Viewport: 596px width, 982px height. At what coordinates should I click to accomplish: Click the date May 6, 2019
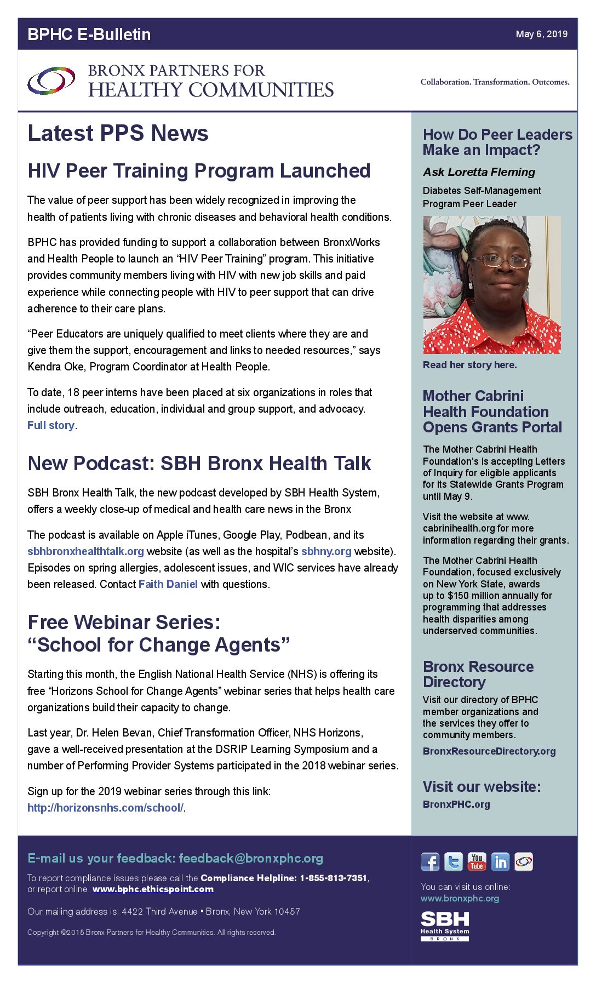pyautogui.click(x=541, y=34)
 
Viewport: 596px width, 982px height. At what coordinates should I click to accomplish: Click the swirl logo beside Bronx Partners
pyautogui.click(x=51, y=81)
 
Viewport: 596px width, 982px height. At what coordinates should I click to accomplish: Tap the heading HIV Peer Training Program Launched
pyautogui.click(x=199, y=171)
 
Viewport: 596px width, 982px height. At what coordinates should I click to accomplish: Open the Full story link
pyautogui.click(x=51, y=425)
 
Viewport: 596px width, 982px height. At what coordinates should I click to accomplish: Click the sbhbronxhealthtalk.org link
pyautogui.click(x=85, y=551)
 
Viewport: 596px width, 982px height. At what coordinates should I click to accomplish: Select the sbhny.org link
pyautogui.click(x=326, y=551)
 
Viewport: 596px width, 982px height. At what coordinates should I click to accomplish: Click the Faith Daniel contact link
pyautogui.click(x=168, y=584)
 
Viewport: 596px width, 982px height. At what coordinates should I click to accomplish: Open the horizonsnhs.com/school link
pyautogui.click(x=105, y=808)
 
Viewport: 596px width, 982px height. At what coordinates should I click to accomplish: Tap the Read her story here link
pyautogui.click(x=469, y=365)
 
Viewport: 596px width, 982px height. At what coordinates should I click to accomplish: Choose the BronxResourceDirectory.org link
pyautogui.click(x=489, y=751)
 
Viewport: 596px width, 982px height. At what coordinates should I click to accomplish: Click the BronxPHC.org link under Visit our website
pyautogui.click(x=456, y=804)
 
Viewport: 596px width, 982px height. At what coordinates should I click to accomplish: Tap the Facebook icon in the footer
pyautogui.click(x=430, y=862)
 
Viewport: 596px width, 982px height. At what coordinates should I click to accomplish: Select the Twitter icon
pyautogui.click(x=454, y=862)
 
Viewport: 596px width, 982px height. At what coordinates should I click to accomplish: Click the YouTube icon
pyautogui.click(x=477, y=862)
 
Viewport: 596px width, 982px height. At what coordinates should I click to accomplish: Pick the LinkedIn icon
pyautogui.click(x=500, y=862)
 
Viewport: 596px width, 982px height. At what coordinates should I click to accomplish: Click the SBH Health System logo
pyautogui.click(x=445, y=926)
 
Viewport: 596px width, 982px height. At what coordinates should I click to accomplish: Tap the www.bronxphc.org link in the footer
pyautogui.click(x=460, y=898)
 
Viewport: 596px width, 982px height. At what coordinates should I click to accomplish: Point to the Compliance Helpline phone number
pyautogui.click(x=333, y=878)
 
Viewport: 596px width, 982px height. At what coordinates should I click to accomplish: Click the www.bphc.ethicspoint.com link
pyautogui.click(x=153, y=889)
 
